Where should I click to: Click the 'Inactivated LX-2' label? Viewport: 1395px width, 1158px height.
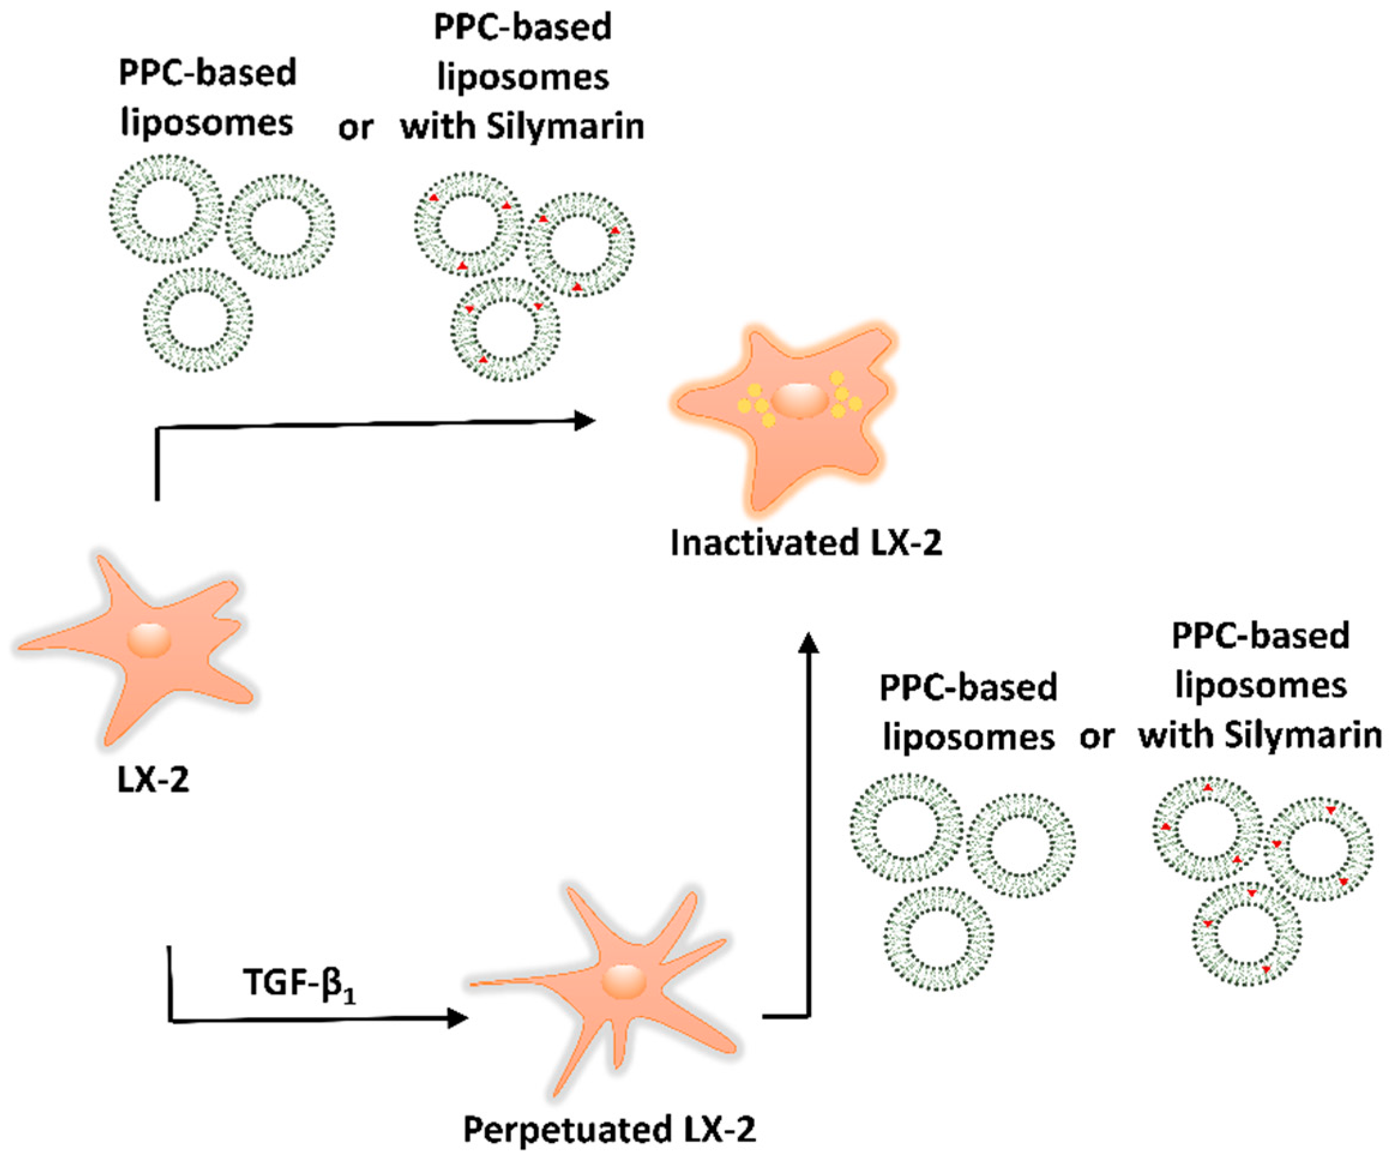pyautogui.click(x=806, y=543)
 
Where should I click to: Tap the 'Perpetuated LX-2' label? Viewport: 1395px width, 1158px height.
pyautogui.click(x=609, y=1129)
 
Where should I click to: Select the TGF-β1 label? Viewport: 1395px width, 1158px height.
pyautogui.click(x=299, y=984)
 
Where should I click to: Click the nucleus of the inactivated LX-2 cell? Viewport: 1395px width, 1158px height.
pyautogui.click(x=800, y=400)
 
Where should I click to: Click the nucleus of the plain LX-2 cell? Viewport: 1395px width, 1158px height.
pyautogui.click(x=149, y=640)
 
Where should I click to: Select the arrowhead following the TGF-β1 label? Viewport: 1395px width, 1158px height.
pyautogui.click(x=457, y=1018)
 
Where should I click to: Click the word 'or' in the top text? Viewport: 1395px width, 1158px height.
pyautogui.click(x=355, y=128)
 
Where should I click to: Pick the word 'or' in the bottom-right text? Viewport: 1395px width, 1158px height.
pyautogui.click(x=1096, y=737)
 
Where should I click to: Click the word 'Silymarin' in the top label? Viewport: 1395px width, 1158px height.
pyautogui.click(x=565, y=126)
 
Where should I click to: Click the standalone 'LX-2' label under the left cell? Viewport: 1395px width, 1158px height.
pyautogui.click(x=153, y=781)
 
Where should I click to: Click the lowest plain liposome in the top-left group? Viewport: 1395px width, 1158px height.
pyautogui.click(x=198, y=320)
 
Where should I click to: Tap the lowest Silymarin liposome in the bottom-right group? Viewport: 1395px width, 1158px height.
pyautogui.click(x=1246, y=935)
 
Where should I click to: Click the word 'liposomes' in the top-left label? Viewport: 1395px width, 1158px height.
pyautogui.click(x=207, y=124)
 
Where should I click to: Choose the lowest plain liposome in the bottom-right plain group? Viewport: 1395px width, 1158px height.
pyautogui.click(x=938, y=939)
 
